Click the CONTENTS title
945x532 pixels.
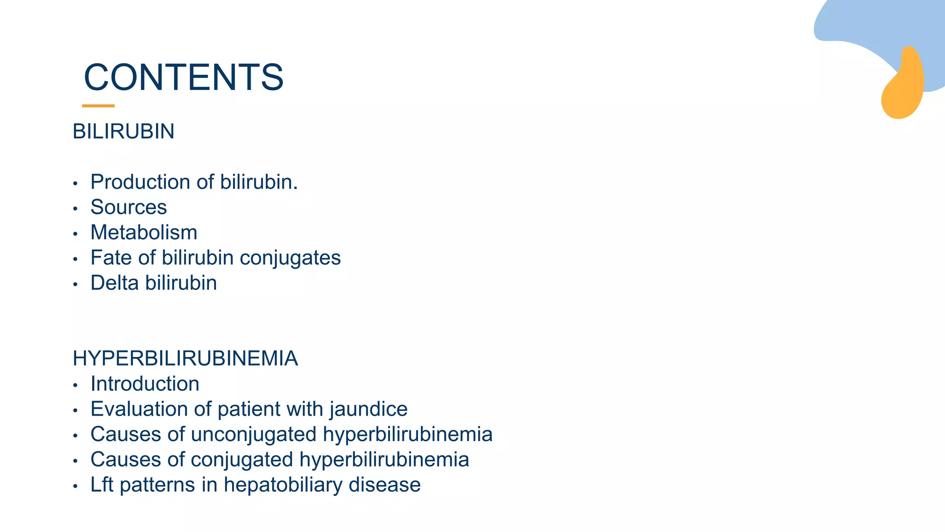(x=184, y=77)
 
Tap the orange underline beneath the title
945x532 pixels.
(x=98, y=106)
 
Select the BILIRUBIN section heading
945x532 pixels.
(x=124, y=132)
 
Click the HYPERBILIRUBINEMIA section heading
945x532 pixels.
(x=185, y=358)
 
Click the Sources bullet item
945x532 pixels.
(x=128, y=207)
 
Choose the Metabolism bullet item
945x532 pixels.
(x=144, y=232)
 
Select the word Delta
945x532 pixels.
(x=114, y=283)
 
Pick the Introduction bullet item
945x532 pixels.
(x=145, y=384)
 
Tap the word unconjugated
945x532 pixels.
(x=253, y=435)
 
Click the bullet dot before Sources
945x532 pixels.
(x=75, y=209)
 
